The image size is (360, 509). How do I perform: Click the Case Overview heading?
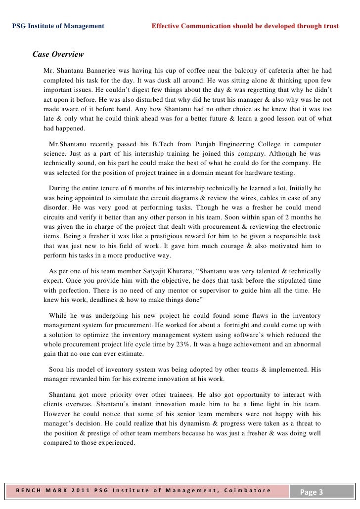coord(58,54)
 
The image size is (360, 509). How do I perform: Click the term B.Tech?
coord(150,144)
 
